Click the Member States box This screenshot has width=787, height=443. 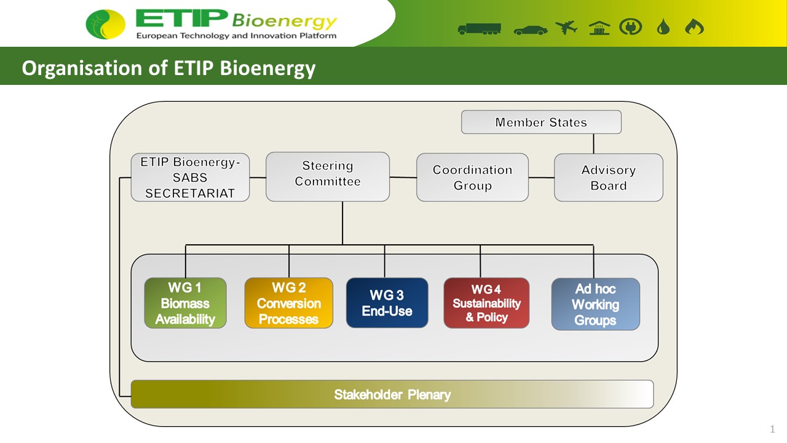click(541, 122)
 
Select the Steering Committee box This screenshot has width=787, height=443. click(328, 177)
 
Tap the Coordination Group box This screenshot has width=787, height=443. click(472, 177)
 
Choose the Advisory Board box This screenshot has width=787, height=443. click(609, 177)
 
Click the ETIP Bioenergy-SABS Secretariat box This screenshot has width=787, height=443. click(190, 177)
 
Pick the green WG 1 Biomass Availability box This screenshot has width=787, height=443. click(185, 303)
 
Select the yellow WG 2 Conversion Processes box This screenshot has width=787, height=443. click(289, 303)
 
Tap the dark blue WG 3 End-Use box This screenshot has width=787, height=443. click(387, 303)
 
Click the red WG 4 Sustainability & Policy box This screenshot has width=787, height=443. click(486, 303)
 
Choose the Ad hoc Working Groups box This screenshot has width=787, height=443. click(596, 304)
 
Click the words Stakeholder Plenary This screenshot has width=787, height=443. click(392, 394)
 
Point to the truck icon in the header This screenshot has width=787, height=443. click(479, 29)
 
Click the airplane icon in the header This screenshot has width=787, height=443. click(566, 28)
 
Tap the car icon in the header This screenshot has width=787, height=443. click(531, 30)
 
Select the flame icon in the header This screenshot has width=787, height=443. click(694, 26)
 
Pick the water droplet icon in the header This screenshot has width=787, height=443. click(663, 27)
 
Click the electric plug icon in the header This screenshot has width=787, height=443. click(631, 27)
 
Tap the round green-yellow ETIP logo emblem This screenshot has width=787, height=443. click(105, 24)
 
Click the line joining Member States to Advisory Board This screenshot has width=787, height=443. click(594, 143)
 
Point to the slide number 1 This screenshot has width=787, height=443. click(772, 429)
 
